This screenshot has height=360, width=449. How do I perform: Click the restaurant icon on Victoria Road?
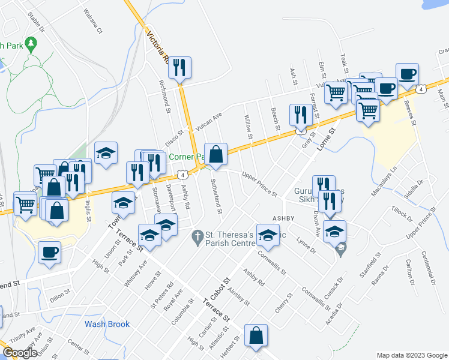179,67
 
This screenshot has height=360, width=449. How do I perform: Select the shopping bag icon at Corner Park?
215,154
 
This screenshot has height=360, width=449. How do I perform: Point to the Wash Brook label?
107,324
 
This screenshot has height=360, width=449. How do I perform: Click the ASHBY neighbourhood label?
286,218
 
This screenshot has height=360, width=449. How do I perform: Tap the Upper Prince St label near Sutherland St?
259,184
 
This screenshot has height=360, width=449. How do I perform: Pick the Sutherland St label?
217,197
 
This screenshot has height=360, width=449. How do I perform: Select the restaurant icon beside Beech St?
301,115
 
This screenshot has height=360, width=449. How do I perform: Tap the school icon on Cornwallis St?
268,235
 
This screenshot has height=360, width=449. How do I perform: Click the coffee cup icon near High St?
49,252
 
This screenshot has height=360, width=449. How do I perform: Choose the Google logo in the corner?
20,352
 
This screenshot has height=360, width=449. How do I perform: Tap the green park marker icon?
32,44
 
